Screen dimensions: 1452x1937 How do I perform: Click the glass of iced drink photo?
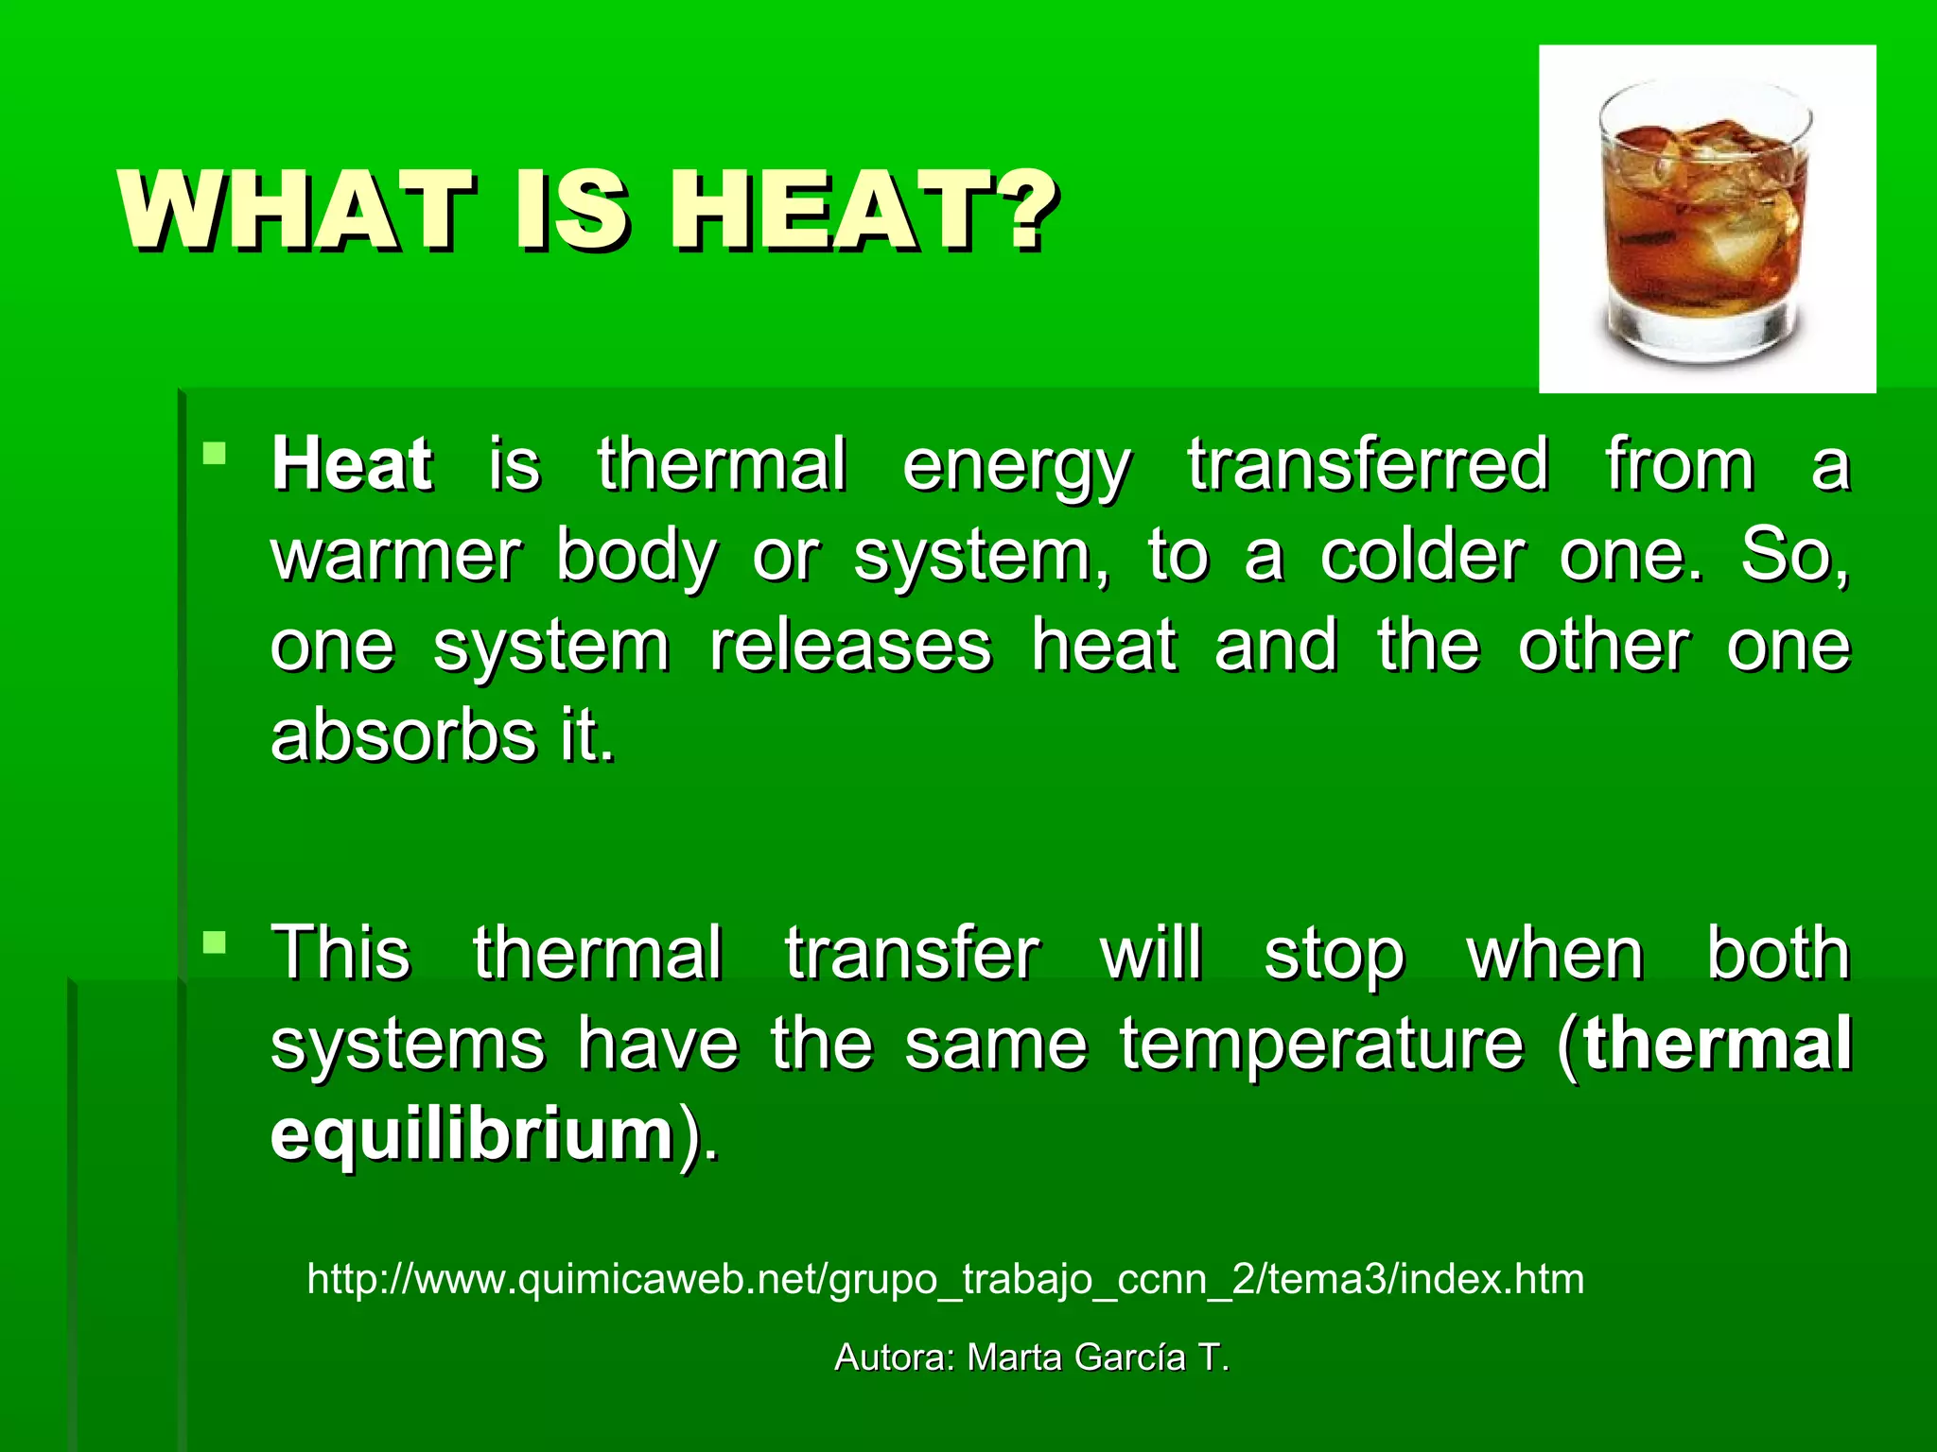pos(1706,219)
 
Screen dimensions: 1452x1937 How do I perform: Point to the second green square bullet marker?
pos(215,942)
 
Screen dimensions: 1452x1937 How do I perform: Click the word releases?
pos(850,646)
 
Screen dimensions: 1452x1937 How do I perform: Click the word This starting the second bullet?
pos(340,953)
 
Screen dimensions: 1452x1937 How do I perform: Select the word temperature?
pos(1321,1045)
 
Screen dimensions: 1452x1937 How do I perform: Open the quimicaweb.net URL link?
pos(945,1279)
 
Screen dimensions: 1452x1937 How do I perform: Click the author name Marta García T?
pos(1097,1357)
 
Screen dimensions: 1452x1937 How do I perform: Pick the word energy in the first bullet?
pos(1016,466)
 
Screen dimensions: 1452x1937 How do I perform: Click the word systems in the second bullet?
pos(408,1045)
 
